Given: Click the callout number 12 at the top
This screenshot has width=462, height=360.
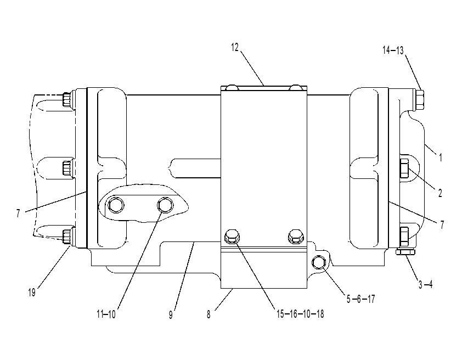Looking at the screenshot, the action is click(235, 47).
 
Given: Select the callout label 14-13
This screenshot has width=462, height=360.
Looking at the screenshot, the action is click(393, 50).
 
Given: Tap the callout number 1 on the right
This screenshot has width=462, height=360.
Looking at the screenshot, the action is click(441, 157).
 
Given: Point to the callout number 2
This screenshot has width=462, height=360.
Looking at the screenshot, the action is click(440, 193).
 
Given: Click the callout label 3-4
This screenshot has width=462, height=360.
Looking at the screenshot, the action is click(425, 284).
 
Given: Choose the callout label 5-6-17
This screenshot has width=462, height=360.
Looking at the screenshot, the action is click(360, 299).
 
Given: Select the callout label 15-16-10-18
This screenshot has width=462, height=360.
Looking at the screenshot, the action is click(300, 314).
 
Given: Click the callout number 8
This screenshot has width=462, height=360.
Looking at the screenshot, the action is click(209, 314).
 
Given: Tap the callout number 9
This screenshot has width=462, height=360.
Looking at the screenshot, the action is click(171, 314).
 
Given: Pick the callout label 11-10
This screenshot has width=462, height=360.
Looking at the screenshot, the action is click(106, 314).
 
